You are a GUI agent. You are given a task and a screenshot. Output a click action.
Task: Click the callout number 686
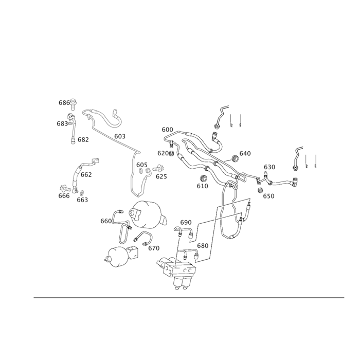coord(64,103)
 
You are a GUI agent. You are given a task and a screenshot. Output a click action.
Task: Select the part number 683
coord(62,123)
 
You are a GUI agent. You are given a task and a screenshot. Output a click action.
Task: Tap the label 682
coord(83,139)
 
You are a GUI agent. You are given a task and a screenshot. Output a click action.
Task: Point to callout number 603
coord(119,136)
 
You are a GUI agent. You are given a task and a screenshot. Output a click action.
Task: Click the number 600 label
coord(167,130)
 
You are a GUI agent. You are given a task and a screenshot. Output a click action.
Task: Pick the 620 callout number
coord(163,153)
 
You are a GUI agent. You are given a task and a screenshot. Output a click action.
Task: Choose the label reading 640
coord(245,153)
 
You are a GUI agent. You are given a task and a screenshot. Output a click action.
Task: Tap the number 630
coord(269,167)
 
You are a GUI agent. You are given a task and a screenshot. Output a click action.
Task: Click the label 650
coord(268,196)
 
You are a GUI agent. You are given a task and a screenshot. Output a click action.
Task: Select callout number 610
coord(203,186)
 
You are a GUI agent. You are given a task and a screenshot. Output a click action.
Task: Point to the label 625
coord(161,176)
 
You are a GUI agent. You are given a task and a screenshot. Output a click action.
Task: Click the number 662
coord(86,174)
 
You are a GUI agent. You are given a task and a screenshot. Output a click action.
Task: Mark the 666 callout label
coord(64,195)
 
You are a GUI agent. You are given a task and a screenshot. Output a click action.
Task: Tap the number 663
coord(82,200)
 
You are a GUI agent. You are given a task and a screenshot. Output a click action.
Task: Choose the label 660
coord(106,221)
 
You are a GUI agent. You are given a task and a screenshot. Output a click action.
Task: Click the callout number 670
coord(154,248)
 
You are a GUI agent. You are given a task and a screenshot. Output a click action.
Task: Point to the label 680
coord(203,246)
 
